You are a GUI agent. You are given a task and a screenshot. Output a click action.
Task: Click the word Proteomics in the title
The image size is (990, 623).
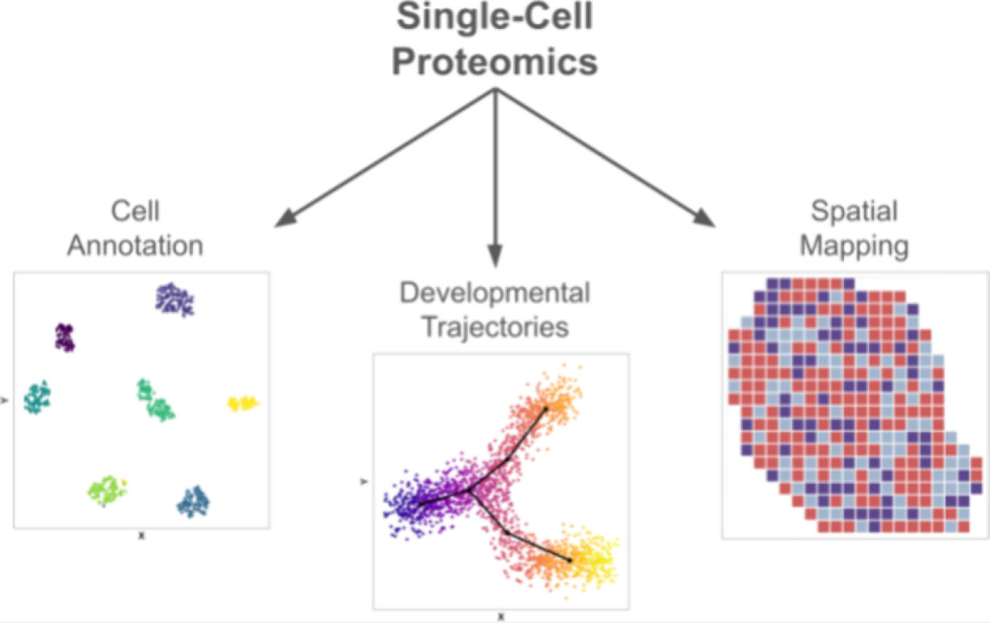tap(495, 62)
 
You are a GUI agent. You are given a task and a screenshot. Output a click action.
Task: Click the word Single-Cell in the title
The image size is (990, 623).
tap(495, 18)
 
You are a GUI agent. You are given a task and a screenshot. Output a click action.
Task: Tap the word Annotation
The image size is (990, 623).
tap(135, 245)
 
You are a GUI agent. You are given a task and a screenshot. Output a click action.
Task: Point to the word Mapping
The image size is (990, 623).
tap(854, 245)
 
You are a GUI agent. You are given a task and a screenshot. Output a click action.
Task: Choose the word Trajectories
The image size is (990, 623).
tap(495, 327)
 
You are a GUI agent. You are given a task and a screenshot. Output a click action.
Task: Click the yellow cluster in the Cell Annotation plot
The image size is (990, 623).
tap(242, 403)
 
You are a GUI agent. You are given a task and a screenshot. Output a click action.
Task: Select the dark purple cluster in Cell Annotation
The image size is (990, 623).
tap(65, 337)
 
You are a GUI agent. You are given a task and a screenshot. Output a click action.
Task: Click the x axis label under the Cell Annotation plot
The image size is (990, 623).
tap(141, 536)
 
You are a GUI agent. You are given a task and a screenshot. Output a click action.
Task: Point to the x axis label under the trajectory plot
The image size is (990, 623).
tap(501, 616)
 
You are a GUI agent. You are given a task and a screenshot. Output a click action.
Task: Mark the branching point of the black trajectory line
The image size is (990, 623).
tap(471, 490)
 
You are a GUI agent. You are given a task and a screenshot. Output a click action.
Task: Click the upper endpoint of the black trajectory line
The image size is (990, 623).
tap(545, 407)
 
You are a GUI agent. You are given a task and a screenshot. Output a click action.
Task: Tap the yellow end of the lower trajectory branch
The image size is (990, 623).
tap(598, 560)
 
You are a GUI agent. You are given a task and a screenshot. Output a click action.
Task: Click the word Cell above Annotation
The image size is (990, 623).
tap(135, 211)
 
